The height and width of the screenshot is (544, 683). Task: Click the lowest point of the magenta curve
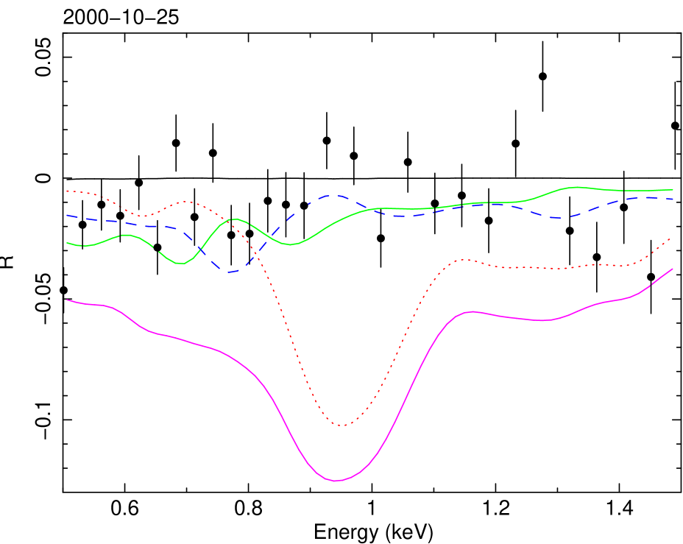(x=336, y=481)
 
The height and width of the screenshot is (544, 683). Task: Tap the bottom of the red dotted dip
(x=342, y=425)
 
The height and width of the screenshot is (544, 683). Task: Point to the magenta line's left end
(x=67, y=300)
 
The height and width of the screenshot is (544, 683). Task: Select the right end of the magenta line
(x=673, y=269)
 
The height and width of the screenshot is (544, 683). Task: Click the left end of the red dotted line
(x=67, y=191)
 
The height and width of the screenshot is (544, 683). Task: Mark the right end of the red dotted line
(x=670, y=239)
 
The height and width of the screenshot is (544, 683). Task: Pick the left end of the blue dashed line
(x=67, y=216)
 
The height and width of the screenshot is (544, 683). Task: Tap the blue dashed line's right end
(x=674, y=199)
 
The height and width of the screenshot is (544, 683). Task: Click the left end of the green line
(x=67, y=242)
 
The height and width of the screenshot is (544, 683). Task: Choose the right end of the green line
(x=673, y=190)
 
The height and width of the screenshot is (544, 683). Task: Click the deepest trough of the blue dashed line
(x=230, y=272)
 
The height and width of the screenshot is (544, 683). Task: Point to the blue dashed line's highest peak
(x=335, y=196)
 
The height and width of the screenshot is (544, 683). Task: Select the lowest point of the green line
(x=182, y=264)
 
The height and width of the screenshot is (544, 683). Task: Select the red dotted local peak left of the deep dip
(x=186, y=202)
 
